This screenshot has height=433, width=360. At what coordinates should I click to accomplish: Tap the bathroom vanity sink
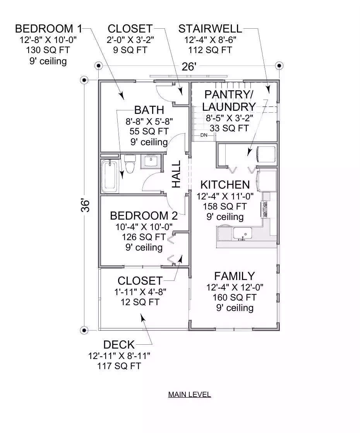151,161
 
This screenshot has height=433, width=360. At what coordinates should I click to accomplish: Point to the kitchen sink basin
242,233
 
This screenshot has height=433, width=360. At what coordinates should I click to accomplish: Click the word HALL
176,174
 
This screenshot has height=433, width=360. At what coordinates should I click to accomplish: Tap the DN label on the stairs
204,135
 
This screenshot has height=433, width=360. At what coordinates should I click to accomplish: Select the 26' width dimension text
189,67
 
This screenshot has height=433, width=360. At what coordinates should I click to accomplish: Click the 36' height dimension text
86,205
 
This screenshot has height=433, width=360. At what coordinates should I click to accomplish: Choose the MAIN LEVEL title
190,394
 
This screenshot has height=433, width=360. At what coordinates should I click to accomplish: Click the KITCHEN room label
225,184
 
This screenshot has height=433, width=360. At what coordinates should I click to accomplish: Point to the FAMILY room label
234,276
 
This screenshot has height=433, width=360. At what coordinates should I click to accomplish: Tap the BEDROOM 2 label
144,216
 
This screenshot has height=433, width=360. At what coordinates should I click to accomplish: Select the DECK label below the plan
119,345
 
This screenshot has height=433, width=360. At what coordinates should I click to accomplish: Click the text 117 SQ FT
119,366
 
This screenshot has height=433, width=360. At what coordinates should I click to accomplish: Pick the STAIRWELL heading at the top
210,29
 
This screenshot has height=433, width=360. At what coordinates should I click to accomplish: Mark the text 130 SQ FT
48,50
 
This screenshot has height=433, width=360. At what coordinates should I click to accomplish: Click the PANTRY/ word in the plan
228,94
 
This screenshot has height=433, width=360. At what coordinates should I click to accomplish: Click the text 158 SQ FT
225,206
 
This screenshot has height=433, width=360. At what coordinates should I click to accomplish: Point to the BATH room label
149,110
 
